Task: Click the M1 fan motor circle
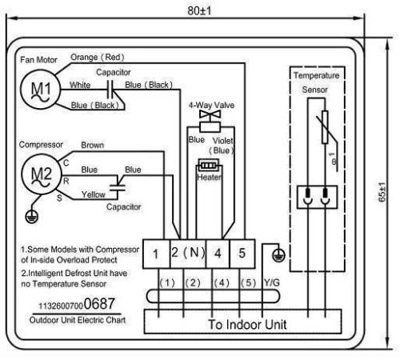[x=41, y=90]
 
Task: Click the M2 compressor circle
[x=42, y=174]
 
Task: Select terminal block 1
[x=156, y=254]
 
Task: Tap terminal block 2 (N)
[x=188, y=254]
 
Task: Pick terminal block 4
[x=218, y=254]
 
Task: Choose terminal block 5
[x=242, y=254]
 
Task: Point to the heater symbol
[x=209, y=166]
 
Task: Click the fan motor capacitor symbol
[x=110, y=90]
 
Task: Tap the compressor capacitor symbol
[x=118, y=187]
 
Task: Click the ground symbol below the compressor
[x=31, y=216]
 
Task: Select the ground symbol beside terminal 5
[x=278, y=254]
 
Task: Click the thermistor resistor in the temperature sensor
[x=325, y=127]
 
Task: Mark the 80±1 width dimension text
[x=199, y=11]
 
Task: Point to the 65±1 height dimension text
[x=382, y=192]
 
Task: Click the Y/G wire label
[x=272, y=282]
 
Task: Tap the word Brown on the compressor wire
[x=92, y=146]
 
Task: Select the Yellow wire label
[x=93, y=194]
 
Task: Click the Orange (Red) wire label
[x=98, y=57]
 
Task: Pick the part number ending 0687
[x=77, y=304]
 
